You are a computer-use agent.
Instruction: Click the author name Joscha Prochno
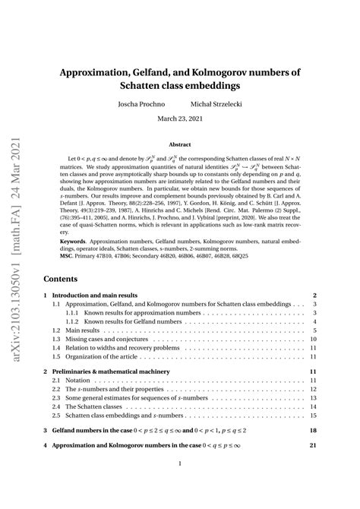[141, 103]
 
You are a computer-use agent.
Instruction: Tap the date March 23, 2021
[179, 119]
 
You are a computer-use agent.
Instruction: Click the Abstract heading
[179, 144]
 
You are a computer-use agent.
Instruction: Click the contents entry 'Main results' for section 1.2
[90, 331]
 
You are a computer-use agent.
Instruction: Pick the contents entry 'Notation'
[81, 380]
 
